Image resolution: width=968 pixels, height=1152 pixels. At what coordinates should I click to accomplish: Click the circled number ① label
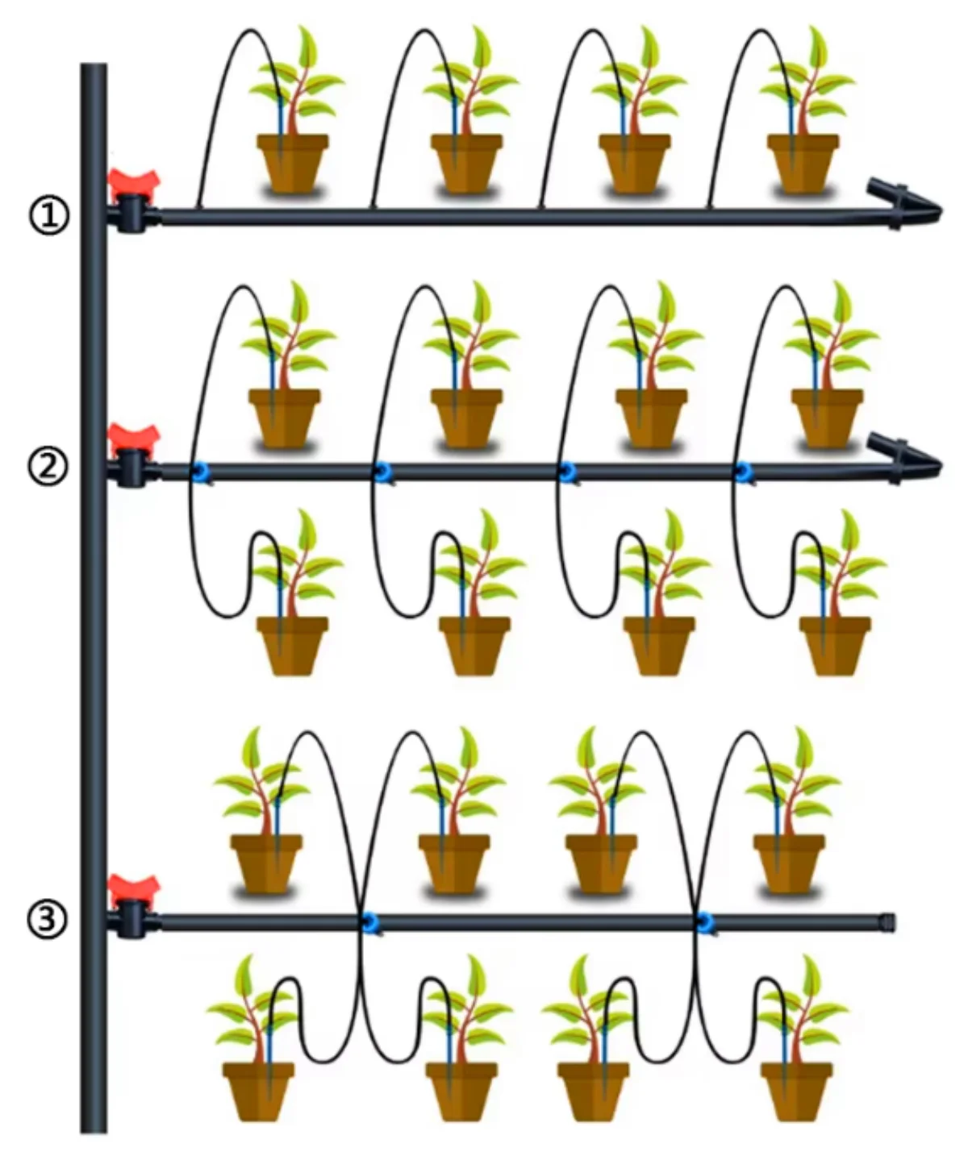pos(49,215)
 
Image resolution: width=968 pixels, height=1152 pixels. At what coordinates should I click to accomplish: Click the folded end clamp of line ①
pos(903,205)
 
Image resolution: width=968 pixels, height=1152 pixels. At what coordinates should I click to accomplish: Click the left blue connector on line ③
pos(370,922)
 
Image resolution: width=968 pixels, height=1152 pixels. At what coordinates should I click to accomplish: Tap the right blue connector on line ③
pos(704,922)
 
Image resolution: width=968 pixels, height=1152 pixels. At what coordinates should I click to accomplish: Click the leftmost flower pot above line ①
pos(292,164)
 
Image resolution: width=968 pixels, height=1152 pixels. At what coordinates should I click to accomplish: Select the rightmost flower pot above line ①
pos(803,164)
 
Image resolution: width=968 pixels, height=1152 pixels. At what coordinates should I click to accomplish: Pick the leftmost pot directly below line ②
pos(292,645)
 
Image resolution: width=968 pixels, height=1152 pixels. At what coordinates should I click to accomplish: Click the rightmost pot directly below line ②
pos(835,645)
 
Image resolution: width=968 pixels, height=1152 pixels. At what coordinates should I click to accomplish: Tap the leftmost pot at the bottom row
pos(258,1090)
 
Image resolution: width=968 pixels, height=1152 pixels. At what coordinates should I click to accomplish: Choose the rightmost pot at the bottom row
pos(797,1090)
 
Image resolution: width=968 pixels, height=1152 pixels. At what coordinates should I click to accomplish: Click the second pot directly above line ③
pos(454,863)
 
